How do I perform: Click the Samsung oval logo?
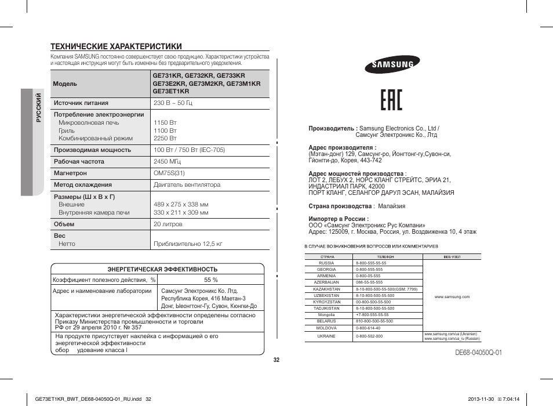389,66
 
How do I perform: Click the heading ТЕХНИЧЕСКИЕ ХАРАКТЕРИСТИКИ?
117,46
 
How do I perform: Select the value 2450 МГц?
169,162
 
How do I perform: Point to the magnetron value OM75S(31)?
169,173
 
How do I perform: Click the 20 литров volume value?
168,224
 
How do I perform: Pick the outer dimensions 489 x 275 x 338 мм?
181,205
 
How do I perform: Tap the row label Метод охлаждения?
83,185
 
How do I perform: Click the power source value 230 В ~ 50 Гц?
173,103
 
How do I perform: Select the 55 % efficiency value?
210,280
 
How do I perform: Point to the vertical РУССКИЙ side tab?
38,108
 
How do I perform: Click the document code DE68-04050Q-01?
478,353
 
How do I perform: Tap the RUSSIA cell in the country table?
326,263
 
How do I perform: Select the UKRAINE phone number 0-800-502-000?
369,336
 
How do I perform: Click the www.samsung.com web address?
452,296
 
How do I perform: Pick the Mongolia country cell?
326,314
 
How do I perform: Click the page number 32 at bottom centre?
276,360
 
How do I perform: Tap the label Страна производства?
340,206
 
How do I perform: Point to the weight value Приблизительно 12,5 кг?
188,244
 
